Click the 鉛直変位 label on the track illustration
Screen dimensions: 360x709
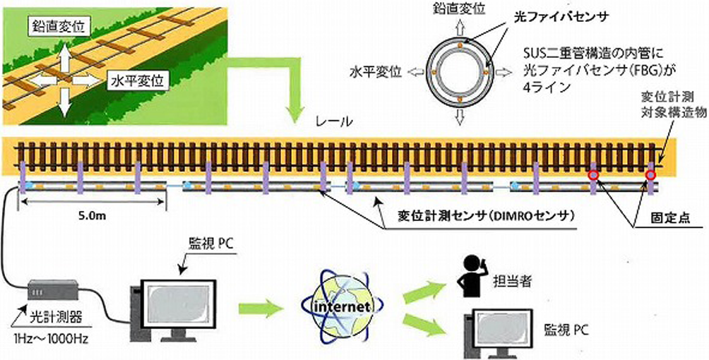[58, 28]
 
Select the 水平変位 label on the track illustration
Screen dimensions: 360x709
[137, 79]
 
